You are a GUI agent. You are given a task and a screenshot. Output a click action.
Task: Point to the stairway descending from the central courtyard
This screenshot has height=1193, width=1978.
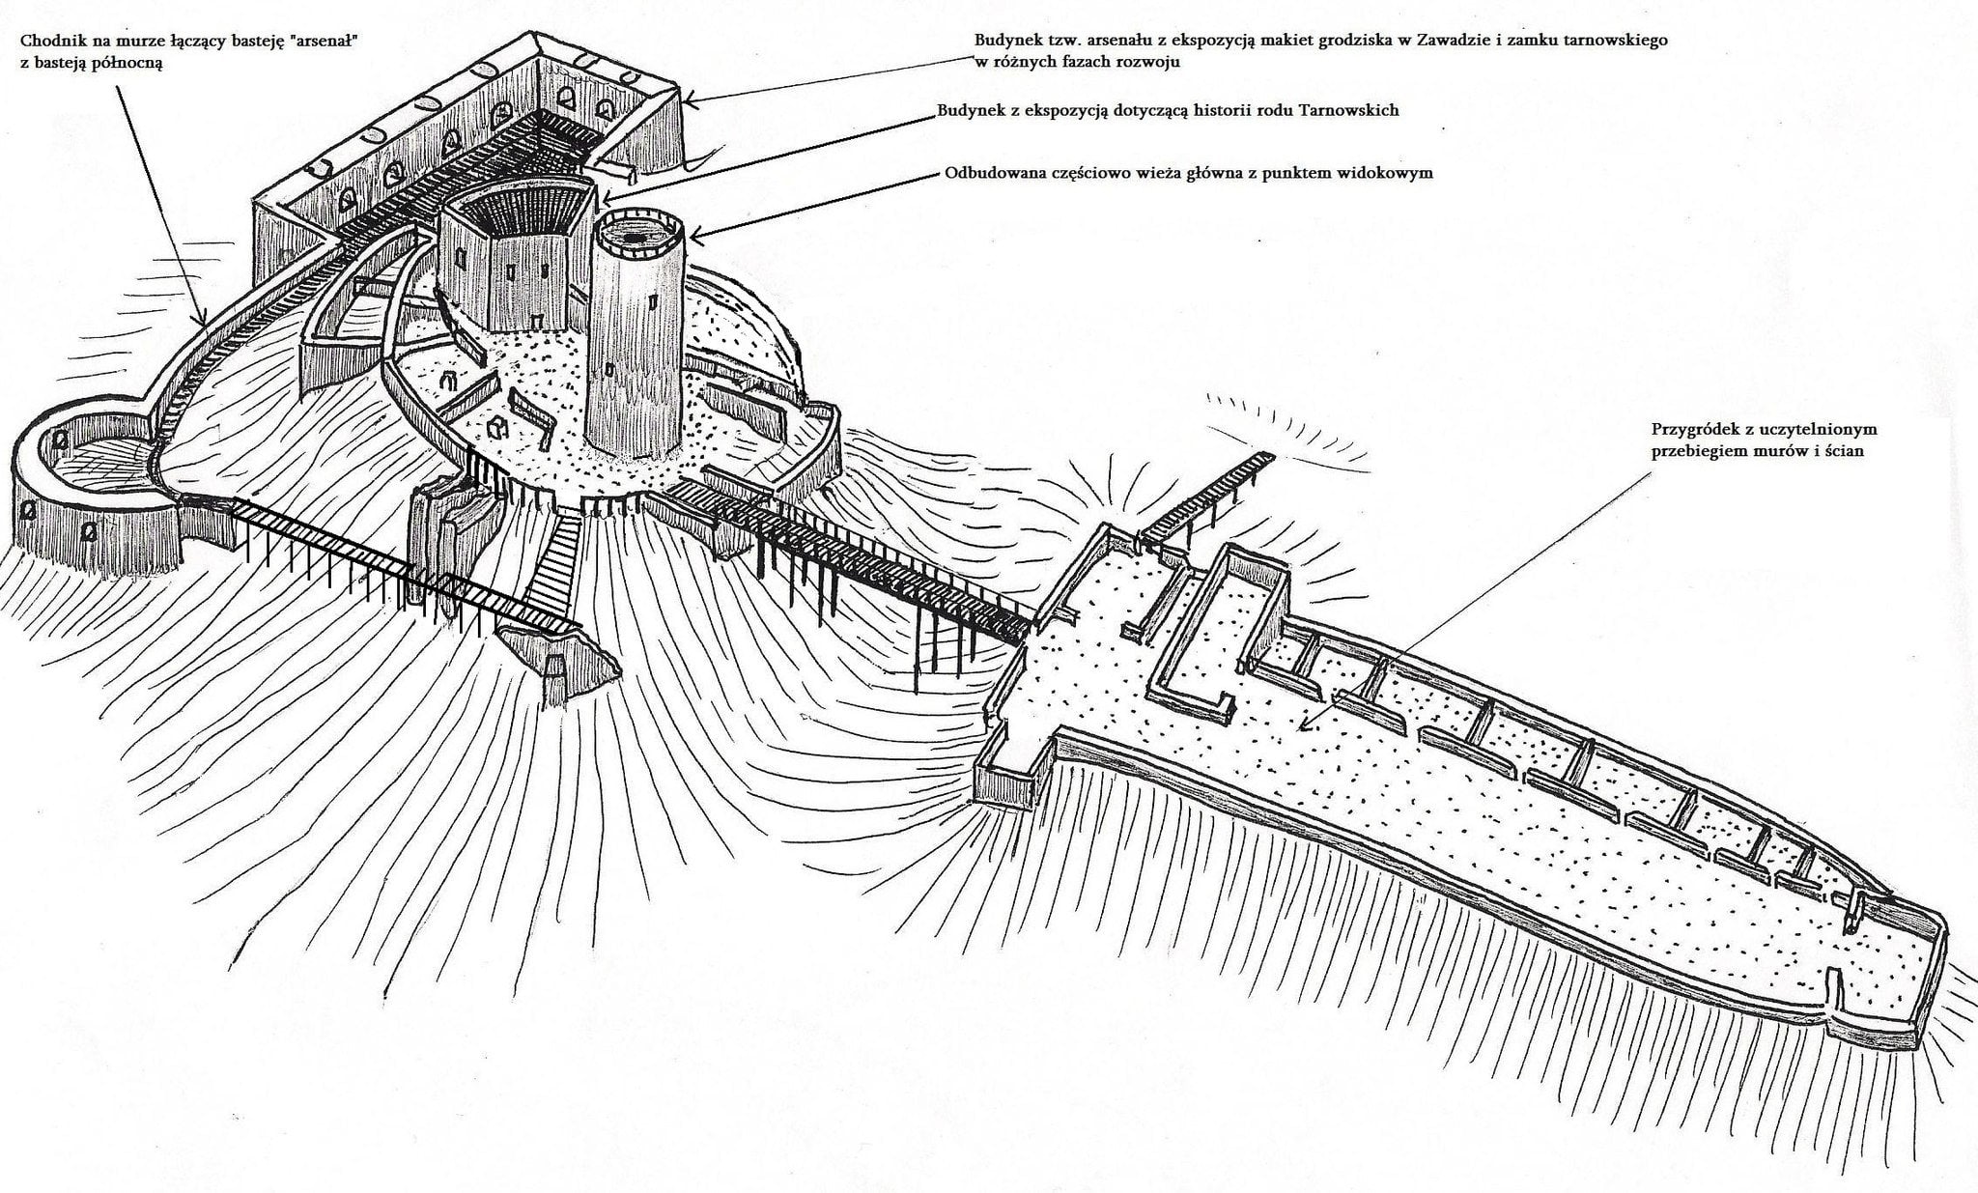551,570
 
